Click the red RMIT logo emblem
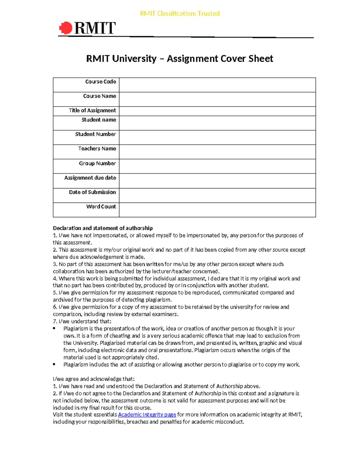coord(66,28)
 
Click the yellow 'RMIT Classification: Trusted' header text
coord(180,14)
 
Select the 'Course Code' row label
coord(100,82)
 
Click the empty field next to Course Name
coord(217,99)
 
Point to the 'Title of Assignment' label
coord(92,110)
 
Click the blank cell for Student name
coord(217,123)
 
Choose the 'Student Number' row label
coord(95,134)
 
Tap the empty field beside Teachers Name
coord(217,152)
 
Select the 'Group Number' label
coord(97,163)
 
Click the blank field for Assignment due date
coord(217,181)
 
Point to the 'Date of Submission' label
coord(92,192)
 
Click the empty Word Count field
coord(217,210)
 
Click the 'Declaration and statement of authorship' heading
coord(103,228)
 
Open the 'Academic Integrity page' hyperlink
coord(147,415)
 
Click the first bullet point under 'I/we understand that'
coord(54,329)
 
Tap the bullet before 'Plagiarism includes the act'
coord(54,365)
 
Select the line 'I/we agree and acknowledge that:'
coord(94,379)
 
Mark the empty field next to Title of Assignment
coord(217,111)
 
